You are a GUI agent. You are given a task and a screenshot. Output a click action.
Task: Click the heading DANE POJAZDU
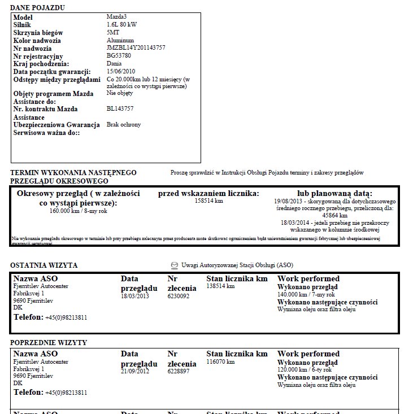pyautogui.click(x=37, y=7)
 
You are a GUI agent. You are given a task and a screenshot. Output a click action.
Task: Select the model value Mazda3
pyautogui.click(x=117, y=18)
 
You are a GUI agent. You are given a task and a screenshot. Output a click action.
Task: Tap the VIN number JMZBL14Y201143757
pyautogui.click(x=136, y=48)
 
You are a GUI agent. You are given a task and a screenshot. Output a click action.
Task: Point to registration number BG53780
pyautogui.click(x=119, y=56)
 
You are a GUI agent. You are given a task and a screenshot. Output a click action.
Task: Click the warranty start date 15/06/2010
pyautogui.click(x=121, y=71)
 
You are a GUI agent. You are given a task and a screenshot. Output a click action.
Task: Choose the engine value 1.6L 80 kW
pyautogui.click(x=121, y=25)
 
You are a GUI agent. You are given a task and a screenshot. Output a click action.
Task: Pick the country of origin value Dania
pyautogui.click(x=114, y=63)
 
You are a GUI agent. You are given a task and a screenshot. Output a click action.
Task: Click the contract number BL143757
pyautogui.click(x=120, y=108)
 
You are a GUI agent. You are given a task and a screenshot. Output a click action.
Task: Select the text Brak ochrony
pyautogui.click(x=124, y=124)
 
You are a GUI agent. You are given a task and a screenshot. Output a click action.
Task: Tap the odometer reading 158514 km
pyautogui.click(x=208, y=201)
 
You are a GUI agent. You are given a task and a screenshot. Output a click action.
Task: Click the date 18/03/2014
pyautogui.click(x=295, y=223)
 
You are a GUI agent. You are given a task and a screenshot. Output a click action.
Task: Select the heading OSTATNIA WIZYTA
pyautogui.click(x=44, y=265)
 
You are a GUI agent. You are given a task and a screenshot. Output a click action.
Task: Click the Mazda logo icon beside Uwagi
pyautogui.click(x=174, y=265)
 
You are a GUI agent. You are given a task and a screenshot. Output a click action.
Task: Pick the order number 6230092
pyautogui.click(x=180, y=296)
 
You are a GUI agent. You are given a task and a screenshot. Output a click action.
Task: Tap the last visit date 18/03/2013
pyautogui.click(x=135, y=296)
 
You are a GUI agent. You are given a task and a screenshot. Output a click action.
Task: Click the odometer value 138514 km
pyautogui.click(x=220, y=286)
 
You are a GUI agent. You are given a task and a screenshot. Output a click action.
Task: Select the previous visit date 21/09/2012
pyautogui.click(x=135, y=371)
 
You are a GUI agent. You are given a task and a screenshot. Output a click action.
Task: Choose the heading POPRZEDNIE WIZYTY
pyautogui.click(x=49, y=342)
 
